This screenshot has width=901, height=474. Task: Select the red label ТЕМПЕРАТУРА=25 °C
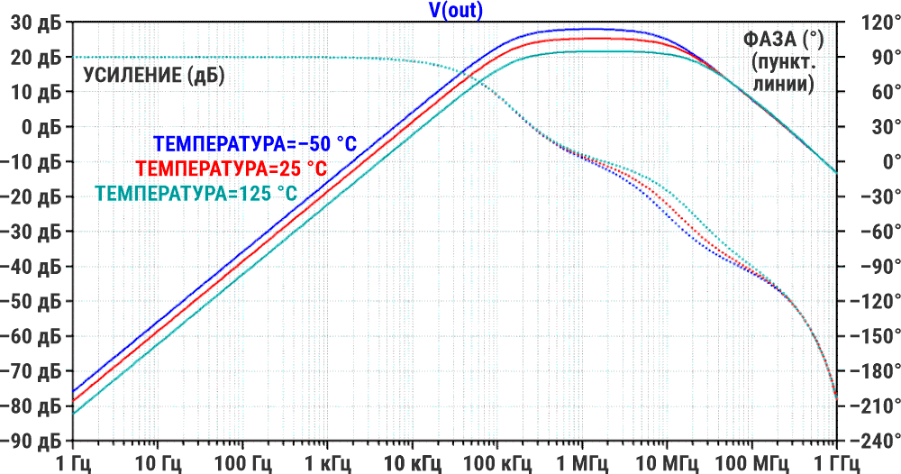coord(230,168)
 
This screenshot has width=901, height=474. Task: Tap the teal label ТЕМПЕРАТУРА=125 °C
coord(196,192)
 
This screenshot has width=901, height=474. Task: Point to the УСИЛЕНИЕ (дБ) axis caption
coord(154,76)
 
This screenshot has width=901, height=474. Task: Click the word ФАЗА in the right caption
coord(773,40)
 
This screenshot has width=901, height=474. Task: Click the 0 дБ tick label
coord(41,127)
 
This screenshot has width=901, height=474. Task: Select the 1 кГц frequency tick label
coord(327,462)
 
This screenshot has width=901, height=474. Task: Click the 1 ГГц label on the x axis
coord(837,462)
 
